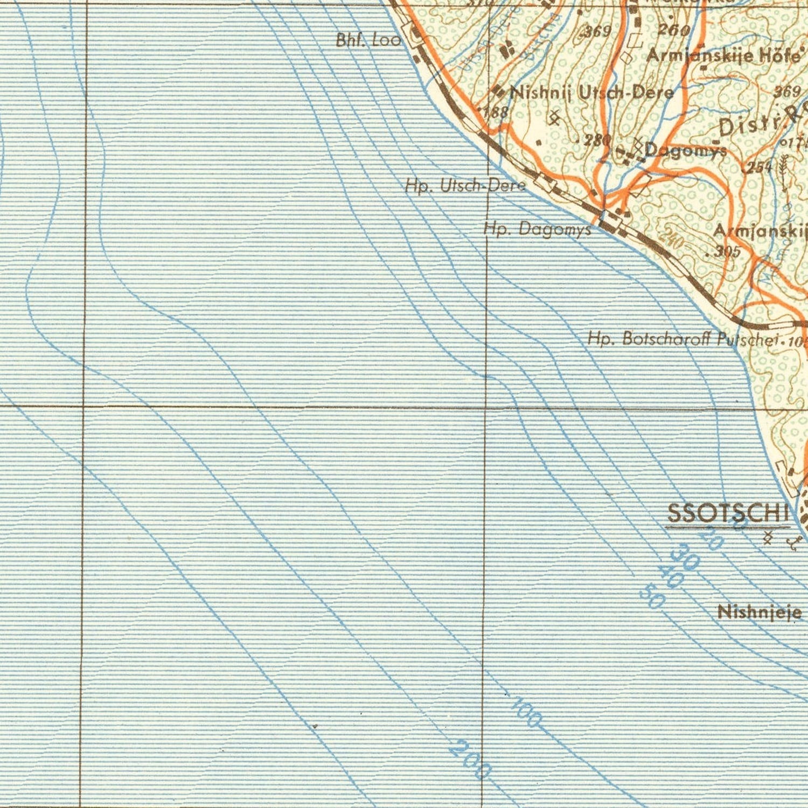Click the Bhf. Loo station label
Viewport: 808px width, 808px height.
point(368,40)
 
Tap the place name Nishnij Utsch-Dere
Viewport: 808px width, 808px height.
point(591,93)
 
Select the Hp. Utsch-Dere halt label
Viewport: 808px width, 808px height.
point(465,186)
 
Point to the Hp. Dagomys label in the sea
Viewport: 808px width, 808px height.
point(537,229)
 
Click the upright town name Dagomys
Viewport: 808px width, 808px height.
point(685,150)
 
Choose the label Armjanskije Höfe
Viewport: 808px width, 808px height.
point(723,55)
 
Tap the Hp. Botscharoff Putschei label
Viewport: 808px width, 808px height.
point(683,339)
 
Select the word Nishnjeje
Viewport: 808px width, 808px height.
point(760,612)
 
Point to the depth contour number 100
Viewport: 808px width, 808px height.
point(526,712)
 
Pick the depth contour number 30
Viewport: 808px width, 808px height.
point(686,558)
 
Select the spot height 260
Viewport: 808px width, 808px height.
point(673,30)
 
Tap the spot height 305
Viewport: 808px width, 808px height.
point(727,251)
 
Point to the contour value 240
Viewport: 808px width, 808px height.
point(671,239)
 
